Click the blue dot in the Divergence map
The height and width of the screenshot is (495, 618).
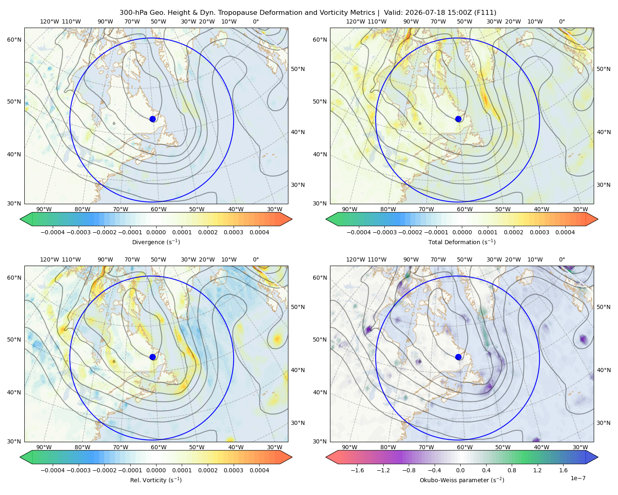152,119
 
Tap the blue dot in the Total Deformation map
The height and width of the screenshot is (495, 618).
458,119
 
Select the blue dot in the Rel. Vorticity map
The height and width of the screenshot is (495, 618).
152,357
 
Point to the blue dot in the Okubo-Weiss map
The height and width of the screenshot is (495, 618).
458,357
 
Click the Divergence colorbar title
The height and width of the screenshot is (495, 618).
156,242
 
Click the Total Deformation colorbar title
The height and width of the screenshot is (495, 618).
462,242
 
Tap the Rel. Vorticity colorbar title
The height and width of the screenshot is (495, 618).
156,480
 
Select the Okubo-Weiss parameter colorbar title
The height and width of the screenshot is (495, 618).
462,480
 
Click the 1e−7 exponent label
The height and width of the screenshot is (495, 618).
578,478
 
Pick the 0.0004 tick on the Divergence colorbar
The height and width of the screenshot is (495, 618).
259,232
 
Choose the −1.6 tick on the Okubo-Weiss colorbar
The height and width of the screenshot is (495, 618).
357,470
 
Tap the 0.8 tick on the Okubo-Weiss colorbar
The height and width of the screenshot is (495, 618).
512,470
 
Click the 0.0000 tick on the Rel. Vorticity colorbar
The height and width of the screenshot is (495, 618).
156,470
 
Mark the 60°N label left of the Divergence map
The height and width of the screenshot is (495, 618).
14,40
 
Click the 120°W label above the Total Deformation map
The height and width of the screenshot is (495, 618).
355,21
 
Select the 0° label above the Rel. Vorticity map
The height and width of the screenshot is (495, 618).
256,259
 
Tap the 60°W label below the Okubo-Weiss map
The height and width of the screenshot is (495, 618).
464,447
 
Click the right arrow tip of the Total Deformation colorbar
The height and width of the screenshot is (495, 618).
598,219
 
